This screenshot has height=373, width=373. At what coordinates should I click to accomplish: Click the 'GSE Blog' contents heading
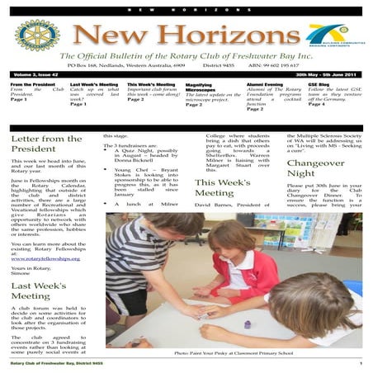point(319,84)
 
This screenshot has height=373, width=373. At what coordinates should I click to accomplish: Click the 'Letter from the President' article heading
point(46,144)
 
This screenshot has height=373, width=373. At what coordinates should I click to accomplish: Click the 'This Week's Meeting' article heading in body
point(222,187)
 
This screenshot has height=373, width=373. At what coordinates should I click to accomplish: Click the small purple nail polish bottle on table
point(247,323)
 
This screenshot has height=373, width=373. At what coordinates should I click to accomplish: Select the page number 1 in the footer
point(361,363)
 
